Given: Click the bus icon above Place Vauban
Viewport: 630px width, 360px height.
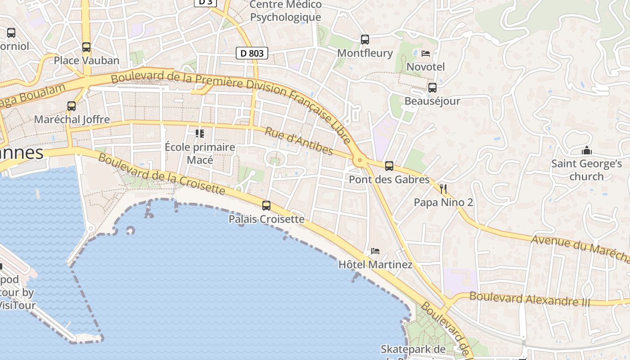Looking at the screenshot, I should click(86, 47).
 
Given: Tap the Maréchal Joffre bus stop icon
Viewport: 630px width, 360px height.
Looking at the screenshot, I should click(72, 106).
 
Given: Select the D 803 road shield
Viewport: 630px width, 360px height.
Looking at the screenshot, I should click(252, 53).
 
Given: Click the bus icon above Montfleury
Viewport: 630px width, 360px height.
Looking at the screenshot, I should click(365, 40).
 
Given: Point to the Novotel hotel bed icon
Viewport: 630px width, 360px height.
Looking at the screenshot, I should click(426, 54).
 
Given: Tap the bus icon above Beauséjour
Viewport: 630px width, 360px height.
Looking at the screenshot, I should click(432, 88).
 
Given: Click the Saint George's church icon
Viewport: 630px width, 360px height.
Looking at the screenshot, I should click(586, 151).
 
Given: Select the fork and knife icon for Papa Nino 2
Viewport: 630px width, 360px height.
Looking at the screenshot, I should click(443, 189).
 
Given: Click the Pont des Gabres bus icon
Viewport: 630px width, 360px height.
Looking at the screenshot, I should click(389, 166).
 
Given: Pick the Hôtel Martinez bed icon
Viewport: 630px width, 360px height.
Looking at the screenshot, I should click(375, 251).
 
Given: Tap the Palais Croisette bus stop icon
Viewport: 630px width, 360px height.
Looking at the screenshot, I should click(266, 206).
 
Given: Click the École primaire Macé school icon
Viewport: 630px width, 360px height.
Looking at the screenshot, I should click(200, 134).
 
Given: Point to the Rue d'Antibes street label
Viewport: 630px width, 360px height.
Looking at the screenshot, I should click(299, 141).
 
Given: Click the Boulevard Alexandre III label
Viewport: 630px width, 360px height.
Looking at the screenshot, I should click(529, 299).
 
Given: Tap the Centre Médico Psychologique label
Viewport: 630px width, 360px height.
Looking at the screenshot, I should click(286, 11).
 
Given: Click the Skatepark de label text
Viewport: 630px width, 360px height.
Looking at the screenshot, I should click(413, 349).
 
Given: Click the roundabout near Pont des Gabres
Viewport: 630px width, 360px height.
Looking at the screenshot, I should click(360, 160).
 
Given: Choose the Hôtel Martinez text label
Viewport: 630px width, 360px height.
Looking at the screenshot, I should click(375, 265).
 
